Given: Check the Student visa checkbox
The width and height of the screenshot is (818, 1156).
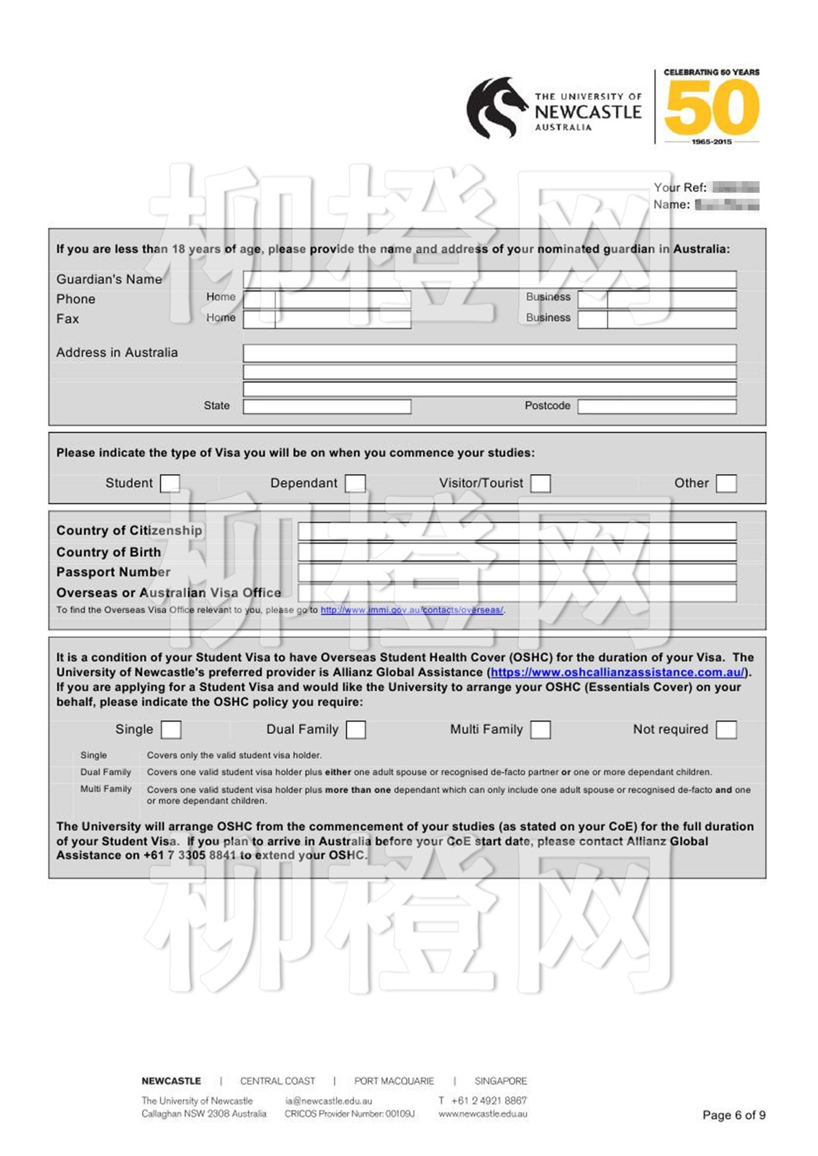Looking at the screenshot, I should pos(170,483).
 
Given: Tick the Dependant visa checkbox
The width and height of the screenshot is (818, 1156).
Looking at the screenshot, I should pos(355,483).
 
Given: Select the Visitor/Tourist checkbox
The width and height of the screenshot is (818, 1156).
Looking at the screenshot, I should pos(540,483).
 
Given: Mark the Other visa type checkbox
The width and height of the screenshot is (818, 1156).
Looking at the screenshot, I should pos(726,483).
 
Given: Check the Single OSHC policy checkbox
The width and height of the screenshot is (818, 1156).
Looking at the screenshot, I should pos(171,729).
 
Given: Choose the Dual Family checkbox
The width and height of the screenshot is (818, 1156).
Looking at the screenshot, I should pos(356,729).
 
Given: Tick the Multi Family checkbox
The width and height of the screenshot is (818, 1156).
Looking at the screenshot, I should pos(540,729).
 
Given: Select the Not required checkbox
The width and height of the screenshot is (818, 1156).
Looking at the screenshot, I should pos(726,729).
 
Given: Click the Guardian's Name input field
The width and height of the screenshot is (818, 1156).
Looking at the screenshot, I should pos(490,279).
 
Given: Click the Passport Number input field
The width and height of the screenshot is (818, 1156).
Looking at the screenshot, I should pos(517,572).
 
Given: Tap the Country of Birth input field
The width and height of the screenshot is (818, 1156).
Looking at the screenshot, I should pos(517,552).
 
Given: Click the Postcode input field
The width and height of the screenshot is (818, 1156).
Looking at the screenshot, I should pos(657,406).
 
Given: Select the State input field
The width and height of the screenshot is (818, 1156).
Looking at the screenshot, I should pos(327,406).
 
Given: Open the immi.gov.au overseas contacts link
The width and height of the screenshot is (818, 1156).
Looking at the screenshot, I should pos(412,610).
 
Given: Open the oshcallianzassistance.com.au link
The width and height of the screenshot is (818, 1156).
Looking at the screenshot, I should pos(618,673).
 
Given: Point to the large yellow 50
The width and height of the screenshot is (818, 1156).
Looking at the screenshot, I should pos(712,108).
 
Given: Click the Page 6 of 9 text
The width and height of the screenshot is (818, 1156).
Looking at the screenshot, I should pos(734,1115).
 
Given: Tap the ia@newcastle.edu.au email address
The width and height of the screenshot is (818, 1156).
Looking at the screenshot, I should pos(328,1101).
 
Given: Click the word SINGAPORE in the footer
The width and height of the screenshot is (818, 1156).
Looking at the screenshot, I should pos(501,1081).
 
